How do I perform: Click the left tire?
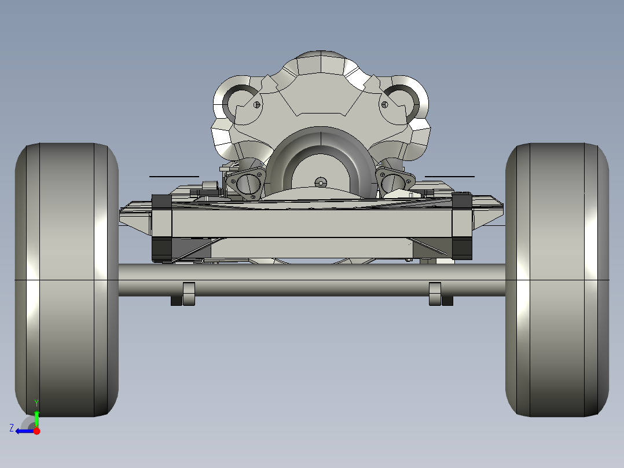click(x=67, y=280)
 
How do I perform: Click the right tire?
click(x=557, y=280)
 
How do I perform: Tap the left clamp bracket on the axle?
click(x=183, y=293)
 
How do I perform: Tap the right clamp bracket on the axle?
click(x=440, y=293)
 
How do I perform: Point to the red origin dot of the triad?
click(x=36, y=431)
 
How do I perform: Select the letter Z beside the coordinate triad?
click(x=12, y=428)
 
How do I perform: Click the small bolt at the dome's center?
click(x=320, y=182)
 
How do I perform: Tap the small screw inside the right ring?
click(x=384, y=105)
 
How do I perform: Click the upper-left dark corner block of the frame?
click(x=161, y=202)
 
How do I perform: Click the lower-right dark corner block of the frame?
click(x=461, y=248)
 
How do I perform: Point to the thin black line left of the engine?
click(x=174, y=176)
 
